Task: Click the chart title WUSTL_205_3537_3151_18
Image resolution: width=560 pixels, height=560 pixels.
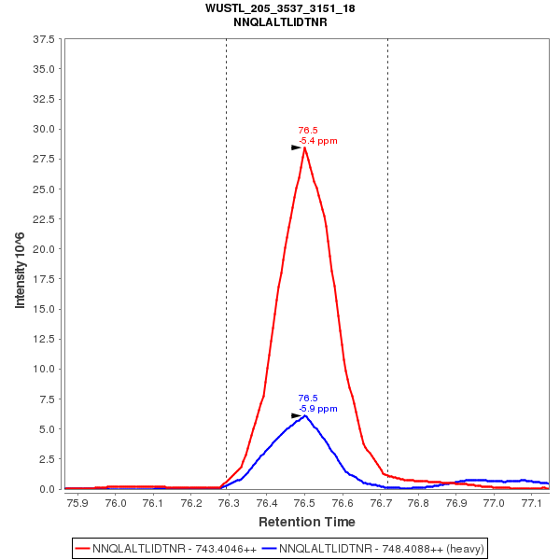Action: pos(280,8)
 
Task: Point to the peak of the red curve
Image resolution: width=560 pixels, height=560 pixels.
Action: pos(305,147)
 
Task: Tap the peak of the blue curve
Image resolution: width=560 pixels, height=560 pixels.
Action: pos(305,415)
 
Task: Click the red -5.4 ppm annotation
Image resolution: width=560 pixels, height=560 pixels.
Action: pos(318,141)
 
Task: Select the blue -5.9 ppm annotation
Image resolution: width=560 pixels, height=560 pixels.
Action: pos(318,409)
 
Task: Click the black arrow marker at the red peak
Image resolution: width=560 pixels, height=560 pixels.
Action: pos(296,147)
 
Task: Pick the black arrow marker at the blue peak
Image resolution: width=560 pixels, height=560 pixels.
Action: pos(296,415)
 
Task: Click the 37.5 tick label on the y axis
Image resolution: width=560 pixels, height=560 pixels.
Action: pos(44,39)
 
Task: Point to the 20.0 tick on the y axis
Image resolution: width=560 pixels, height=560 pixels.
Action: pos(44,249)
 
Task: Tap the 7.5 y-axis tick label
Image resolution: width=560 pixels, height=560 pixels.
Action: pos(48,399)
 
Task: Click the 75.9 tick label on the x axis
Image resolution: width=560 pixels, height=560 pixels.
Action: pos(77,503)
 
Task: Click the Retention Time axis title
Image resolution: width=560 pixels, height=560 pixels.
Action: pos(306,521)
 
